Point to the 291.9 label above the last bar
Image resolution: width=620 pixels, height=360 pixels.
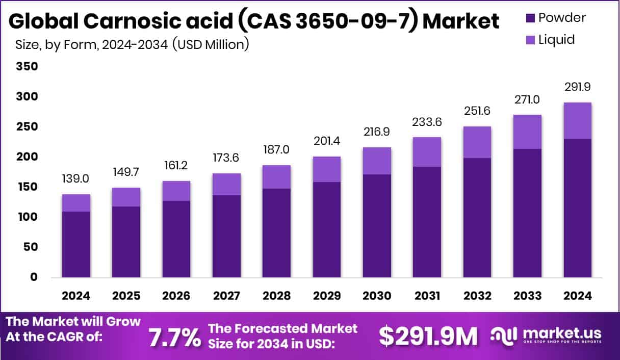click(x=577, y=87)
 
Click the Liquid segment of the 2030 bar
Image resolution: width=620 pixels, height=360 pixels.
click(x=377, y=161)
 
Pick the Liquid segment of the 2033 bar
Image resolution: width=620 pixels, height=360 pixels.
click(x=527, y=132)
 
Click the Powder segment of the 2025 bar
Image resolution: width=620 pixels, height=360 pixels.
click(x=126, y=242)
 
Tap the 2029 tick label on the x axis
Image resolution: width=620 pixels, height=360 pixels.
click(x=327, y=296)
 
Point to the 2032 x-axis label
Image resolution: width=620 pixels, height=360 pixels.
click(x=477, y=296)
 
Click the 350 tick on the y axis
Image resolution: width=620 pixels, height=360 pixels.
click(x=27, y=66)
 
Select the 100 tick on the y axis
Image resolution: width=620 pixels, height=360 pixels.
click(x=27, y=217)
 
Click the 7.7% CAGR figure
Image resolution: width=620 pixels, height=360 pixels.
click(x=174, y=337)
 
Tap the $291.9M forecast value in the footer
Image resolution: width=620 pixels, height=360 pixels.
click(x=428, y=336)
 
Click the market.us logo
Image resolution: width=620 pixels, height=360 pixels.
click(x=546, y=335)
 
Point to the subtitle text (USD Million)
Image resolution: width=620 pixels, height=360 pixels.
click(x=210, y=45)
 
